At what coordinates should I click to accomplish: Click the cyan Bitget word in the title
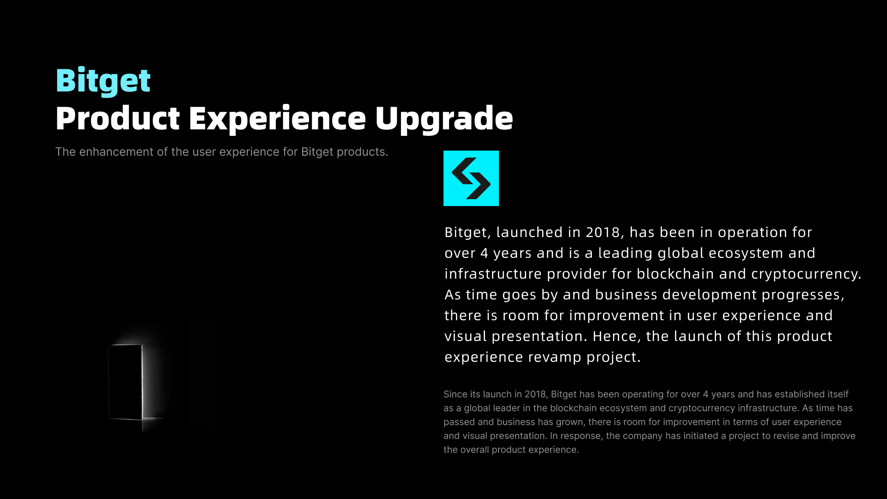pyautogui.click(x=103, y=81)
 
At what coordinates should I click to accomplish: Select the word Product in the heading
pyautogui.click(x=117, y=119)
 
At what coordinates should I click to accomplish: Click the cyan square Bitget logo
pyautogui.click(x=471, y=178)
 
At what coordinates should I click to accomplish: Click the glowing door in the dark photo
pyautogui.click(x=126, y=382)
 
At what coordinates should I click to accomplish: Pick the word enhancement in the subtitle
pyautogui.click(x=116, y=152)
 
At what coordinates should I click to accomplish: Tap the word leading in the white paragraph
pyautogui.click(x=626, y=254)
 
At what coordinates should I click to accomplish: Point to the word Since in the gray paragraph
pyautogui.click(x=455, y=395)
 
